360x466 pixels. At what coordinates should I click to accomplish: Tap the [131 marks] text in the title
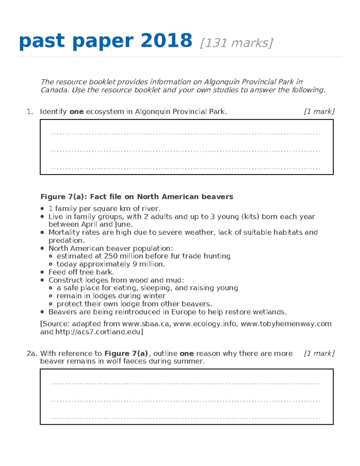pos(236,43)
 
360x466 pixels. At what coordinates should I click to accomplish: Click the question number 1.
pos(29,112)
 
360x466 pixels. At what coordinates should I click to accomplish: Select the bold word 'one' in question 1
pos(76,112)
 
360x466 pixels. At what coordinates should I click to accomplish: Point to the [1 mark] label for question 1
pos(319,112)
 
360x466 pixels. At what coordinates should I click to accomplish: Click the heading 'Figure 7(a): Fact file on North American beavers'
pos(137,197)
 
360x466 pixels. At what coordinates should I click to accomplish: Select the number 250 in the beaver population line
pos(111,256)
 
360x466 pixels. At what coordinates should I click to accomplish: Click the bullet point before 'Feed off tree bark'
pos(42,272)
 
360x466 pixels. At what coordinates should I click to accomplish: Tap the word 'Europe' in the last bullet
pos(184,312)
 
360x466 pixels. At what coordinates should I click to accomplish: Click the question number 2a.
pos(31,353)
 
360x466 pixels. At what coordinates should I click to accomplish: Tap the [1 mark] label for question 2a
pos(319,353)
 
